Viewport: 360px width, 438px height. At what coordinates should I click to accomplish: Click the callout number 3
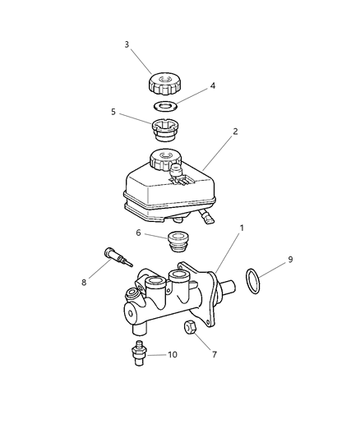click(x=127, y=44)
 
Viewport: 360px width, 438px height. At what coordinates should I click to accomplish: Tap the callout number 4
click(x=213, y=85)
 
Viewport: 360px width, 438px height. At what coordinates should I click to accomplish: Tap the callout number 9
click(x=289, y=260)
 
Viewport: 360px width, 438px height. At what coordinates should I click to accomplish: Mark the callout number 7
click(x=215, y=357)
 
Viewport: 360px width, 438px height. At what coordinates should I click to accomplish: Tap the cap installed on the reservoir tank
click(x=164, y=159)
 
